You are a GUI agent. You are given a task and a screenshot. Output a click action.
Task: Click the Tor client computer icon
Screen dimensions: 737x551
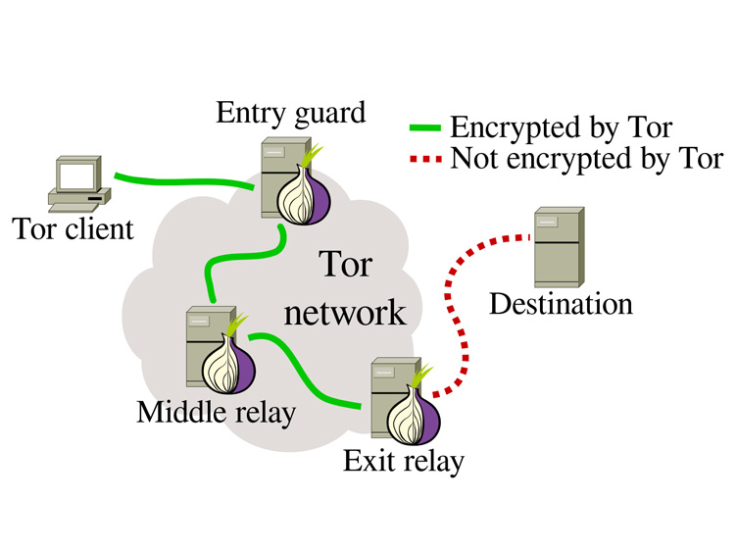click(79, 183)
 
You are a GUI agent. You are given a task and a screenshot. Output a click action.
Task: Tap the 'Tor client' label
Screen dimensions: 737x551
click(73, 229)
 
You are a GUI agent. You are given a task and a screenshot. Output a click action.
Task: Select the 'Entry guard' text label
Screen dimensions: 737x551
click(290, 114)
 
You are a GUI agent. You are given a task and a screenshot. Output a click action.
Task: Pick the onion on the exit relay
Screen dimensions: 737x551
click(414, 413)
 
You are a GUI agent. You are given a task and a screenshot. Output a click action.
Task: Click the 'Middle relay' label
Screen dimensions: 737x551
click(217, 414)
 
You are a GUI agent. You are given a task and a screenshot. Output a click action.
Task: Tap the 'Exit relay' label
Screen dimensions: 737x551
click(404, 461)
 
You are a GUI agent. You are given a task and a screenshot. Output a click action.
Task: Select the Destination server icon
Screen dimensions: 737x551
click(560, 247)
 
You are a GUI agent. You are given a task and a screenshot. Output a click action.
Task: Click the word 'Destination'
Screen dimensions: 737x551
click(561, 304)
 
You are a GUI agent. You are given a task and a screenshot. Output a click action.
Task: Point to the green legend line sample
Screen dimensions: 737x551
click(425, 127)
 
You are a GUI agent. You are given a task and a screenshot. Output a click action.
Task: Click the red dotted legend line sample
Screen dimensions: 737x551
click(425, 159)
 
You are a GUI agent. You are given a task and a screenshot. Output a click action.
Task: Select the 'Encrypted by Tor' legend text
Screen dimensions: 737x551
click(562, 128)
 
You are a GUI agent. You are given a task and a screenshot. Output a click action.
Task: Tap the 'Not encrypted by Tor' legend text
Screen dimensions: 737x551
click(587, 159)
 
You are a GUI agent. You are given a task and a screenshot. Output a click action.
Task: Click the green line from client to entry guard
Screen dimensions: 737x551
click(184, 181)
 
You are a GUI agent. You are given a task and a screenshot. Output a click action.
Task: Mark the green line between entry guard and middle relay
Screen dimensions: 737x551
click(244, 256)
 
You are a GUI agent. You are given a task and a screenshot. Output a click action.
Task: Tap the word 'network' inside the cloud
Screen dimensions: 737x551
click(345, 313)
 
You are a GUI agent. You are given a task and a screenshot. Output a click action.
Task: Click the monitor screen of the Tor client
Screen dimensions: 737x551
click(77, 175)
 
